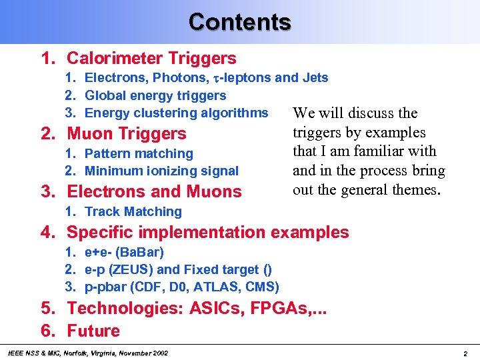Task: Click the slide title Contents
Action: [240, 22]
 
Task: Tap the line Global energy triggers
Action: [155, 95]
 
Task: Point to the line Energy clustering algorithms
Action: [176, 113]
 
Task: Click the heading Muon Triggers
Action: [127, 134]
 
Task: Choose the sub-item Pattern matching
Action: [139, 153]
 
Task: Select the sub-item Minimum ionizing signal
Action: [161, 171]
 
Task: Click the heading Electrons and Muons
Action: [154, 192]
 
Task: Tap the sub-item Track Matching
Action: [133, 211]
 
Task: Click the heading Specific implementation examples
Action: [207, 233]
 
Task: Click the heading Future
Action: [93, 331]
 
